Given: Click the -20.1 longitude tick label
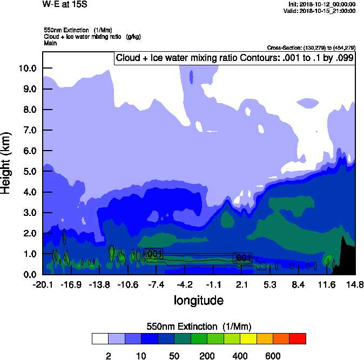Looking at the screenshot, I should point(42,284).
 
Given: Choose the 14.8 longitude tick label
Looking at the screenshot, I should point(355,284).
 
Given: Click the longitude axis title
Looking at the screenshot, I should point(198,300).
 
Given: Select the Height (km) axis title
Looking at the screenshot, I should point(7,162).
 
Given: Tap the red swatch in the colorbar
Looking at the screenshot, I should point(298,338).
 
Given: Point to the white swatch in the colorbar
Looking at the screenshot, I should point(100,338).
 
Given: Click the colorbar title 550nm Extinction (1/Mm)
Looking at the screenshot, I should point(199,327).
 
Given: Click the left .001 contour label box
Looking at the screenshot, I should point(154,254).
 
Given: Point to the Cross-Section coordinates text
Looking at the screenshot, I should point(311,48).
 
